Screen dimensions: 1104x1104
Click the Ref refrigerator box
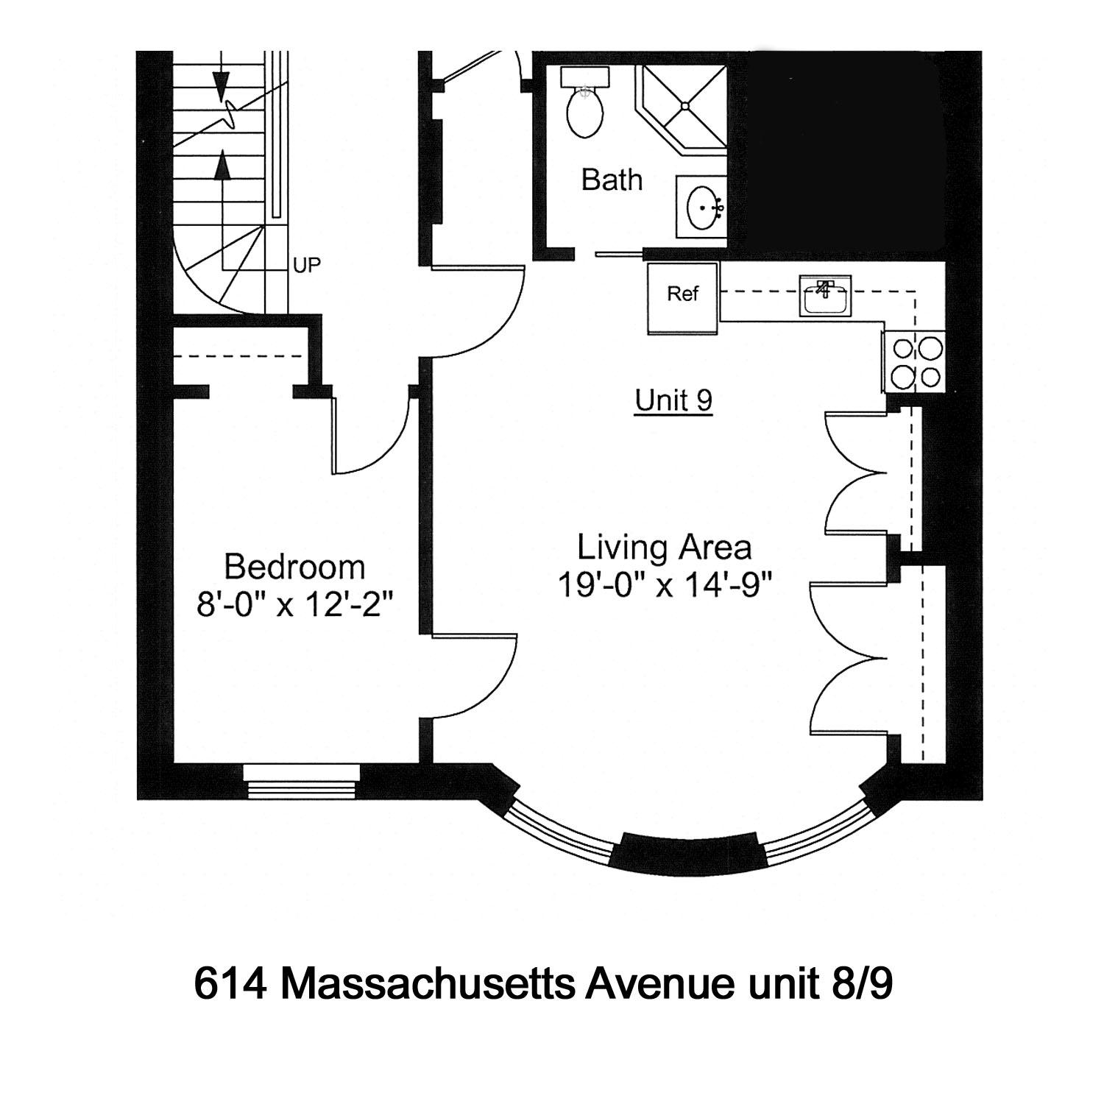click(682, 294)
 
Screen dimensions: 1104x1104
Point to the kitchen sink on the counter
click(825, 296)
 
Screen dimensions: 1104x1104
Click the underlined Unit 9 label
click(673, 401)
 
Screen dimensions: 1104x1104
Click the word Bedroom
click(294, 567)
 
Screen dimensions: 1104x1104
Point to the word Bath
click(612, 180)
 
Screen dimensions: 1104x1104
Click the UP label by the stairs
click(307, 266)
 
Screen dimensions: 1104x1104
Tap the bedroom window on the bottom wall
click(302, 780)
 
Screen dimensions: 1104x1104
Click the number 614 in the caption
click(230, 984)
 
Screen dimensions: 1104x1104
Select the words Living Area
click(664, 548)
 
